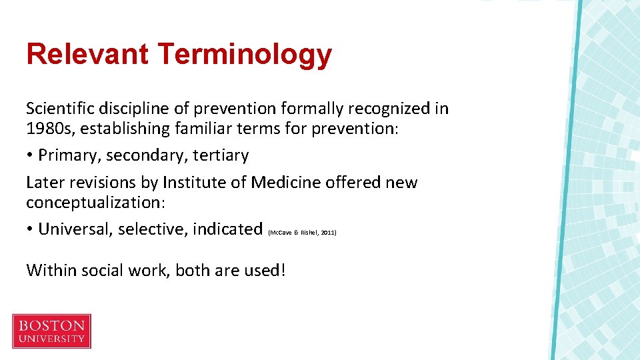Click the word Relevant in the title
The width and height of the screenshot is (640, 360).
[x=87, y=54]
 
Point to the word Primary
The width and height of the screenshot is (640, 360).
[x=69, y=155]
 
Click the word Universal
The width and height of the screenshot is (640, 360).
[x=75, y=229]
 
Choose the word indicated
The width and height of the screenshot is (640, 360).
[x=227, y=229]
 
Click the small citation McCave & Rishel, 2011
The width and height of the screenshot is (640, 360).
[x=302, y=233]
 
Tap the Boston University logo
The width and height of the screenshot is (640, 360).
[x=52, y=331]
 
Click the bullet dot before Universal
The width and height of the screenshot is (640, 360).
[x=30, y=230]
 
